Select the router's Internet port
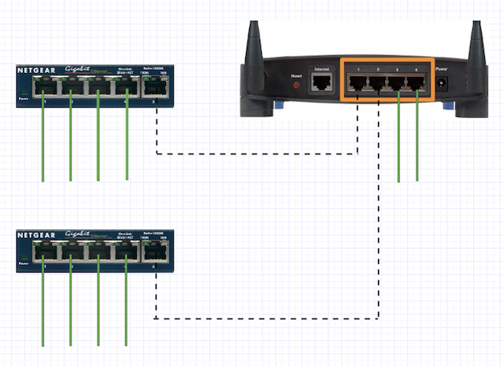coord(321,82)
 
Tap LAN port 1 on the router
coord(358,81)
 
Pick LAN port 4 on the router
coord(418,81)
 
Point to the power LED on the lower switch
coord(23,258)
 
